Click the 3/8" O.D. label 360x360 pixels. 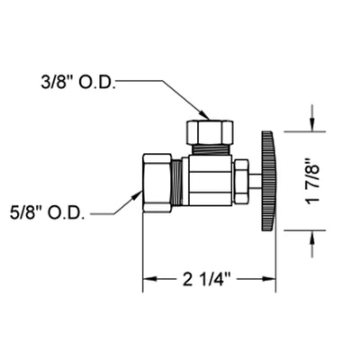[78, 84]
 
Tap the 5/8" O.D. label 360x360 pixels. [48, 213]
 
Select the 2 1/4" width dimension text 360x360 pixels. [206, 280]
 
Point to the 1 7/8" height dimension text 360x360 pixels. [312, 181]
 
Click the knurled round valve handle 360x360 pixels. [268, 181]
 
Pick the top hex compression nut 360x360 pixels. [210, 132]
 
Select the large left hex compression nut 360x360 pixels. [157, 183]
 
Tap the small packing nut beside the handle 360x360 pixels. [241, 181]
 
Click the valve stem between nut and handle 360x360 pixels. [255, 181]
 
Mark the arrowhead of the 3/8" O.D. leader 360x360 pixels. [205, 115]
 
